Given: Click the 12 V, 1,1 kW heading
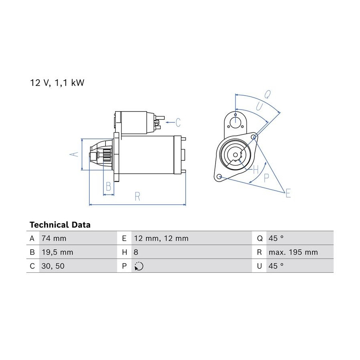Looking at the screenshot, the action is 57,83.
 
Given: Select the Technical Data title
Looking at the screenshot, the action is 60,225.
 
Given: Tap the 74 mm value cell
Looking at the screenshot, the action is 54,238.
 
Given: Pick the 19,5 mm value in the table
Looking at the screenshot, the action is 57,252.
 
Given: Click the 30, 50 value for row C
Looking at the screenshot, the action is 53,266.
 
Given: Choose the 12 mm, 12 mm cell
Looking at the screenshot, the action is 161,238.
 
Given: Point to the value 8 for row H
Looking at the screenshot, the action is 136,252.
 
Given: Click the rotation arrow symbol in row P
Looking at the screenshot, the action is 139,266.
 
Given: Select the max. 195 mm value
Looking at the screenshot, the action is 293,252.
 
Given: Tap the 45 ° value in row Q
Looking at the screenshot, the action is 276,238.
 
